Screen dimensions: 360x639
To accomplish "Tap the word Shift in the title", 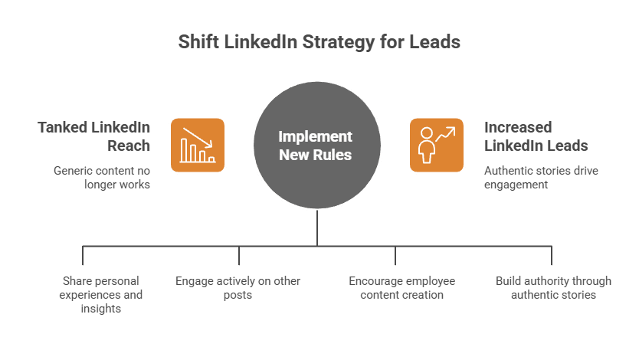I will tap(198, 41).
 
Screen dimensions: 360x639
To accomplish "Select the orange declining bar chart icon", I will tap(197, 144).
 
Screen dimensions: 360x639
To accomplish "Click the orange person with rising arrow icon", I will tap(436, 144).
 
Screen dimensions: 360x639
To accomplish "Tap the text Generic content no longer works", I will tap(102, 177).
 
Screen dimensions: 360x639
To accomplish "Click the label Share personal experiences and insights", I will tap(93, 295).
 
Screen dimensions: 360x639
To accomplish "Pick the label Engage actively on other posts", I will tap(238, 288).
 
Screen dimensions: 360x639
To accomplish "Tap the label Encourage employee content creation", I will tap(401, 288).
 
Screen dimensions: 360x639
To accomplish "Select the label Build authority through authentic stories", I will tap(553, 288).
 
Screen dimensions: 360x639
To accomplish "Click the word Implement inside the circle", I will tap(316, 137).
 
